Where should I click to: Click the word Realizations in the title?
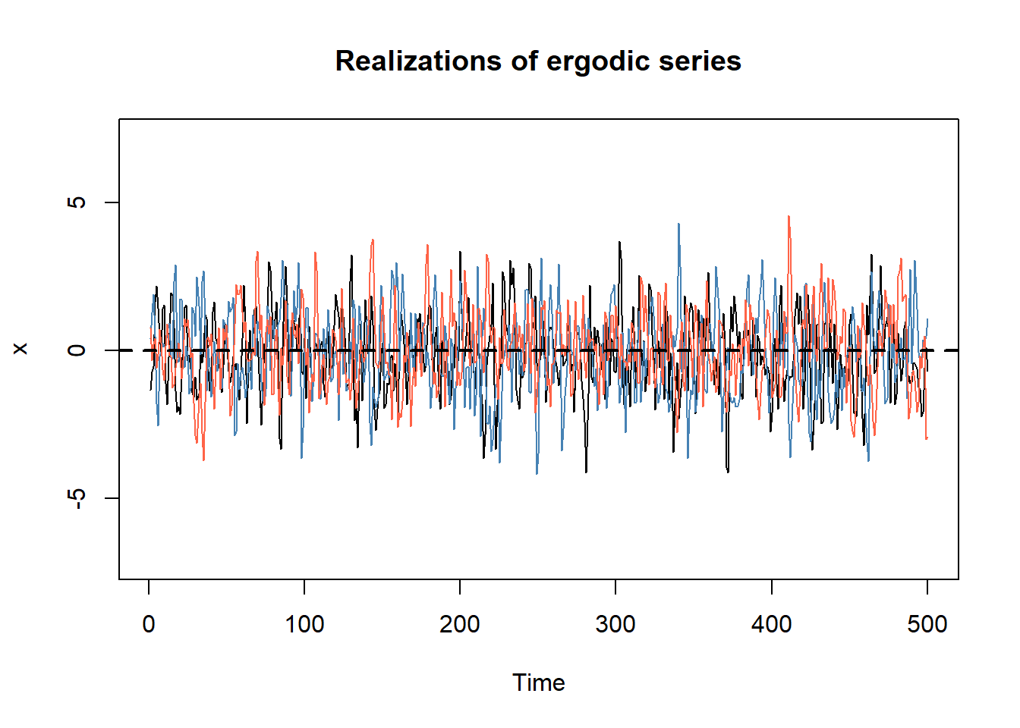[x=418, y=61]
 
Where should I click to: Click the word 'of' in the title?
[x=524, y=61]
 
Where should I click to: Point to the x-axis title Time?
[x=539, y=683]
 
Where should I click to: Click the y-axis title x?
[x=20, y=349]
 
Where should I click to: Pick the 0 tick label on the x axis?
[x=149, y=624]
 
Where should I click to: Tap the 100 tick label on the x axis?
[x=304, y=624]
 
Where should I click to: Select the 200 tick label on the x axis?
[x=460, y=624]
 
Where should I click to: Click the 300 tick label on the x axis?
[x=615, y=624]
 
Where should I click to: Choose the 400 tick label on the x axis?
[x=771, y=624]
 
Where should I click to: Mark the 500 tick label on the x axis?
[x=927, y=624]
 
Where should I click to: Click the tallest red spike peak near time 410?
[x=789, y=217]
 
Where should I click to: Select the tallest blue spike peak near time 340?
[x=678, y=224]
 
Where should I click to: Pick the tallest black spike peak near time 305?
[x=619, y=243]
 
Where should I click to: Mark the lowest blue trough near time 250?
[x=537, y=474]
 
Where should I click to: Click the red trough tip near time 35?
[x=203, y=460]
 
